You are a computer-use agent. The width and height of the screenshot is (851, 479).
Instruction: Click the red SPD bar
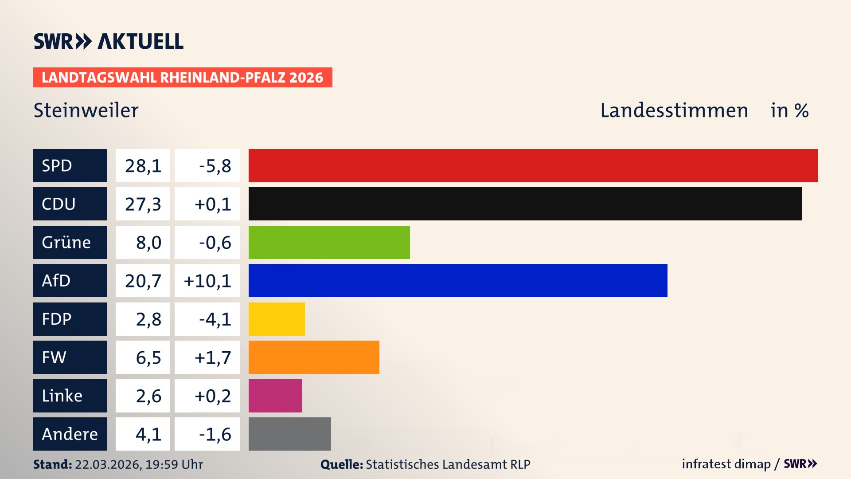pyautogui.click(x=533, y=165)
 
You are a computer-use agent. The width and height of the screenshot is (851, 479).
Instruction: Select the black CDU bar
pyautogui.click(x=525, y=204)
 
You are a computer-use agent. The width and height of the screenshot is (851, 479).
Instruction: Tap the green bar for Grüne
pyautogui.click(x=329, y=242)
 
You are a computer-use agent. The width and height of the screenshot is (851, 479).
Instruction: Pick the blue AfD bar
pyautogui.click(x=457, y=280)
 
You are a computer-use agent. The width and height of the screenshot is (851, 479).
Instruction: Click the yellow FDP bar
pyautogui.click(x=277, y=319)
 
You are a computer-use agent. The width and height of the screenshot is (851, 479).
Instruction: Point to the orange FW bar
pyautogui.click(x=314, y=357)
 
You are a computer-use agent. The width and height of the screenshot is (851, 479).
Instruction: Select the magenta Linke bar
pyautogui.click(x=275, y=396)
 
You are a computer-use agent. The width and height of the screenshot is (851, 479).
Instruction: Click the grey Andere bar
pyautogui.click(x=289, y=434)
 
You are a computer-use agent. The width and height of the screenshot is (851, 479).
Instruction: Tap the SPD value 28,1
pyautogui.click(x=143, y=165)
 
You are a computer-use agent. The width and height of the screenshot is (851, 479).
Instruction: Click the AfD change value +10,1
pyautogui.click(x=207, y=280)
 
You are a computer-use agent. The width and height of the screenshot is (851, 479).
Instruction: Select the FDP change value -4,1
pyautogui.click(x=215, y=319)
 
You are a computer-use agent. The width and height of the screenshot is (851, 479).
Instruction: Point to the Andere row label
pyautogui.click(x=70, y=434)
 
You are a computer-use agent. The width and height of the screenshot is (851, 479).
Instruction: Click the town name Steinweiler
pyautogui.click(x=86, y=110)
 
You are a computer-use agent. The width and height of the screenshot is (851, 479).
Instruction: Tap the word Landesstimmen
pyautogui.click(x=674, y=110)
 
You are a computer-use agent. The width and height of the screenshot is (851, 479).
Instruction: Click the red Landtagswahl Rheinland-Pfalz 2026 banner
pyautogui.click(x=183, y=77)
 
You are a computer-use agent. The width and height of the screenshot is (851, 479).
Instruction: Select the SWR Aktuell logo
pyautogui.click(x=109, y=41)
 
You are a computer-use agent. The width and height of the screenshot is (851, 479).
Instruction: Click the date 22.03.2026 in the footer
pyautogui.click(x=108, y=464)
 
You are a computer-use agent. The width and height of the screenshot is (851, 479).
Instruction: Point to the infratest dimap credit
pyautogui.click(x=726, y=464)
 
